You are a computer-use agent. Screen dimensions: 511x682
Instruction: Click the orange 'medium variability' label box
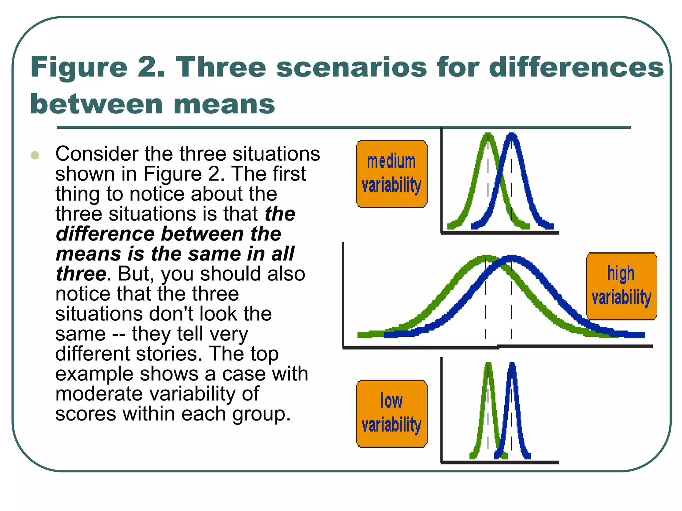point(392,174)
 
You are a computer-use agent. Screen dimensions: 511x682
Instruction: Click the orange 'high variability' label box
point(621,286)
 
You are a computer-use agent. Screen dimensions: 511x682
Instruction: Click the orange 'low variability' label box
point(392,414)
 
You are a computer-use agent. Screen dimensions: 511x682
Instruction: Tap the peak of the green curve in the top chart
point(488,135)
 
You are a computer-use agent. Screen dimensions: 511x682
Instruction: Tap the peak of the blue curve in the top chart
point(512,135)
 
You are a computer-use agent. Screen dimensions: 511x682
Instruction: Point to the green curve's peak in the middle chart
point(486,258)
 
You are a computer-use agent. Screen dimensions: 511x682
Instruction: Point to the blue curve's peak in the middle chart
point(512,258)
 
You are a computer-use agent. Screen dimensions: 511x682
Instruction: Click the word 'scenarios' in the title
point(351,67)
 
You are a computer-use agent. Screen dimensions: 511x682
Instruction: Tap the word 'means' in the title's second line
point(224,104)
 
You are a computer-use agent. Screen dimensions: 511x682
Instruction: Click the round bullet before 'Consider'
point(35,155)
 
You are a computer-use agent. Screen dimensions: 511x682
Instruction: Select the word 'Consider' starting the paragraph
point(97,154)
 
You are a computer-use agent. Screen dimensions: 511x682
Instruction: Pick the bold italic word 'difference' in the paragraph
point(105,234)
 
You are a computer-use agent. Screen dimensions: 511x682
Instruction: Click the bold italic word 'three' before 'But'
point(81,274)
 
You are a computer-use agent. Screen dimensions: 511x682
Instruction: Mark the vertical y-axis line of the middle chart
point(343,294)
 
